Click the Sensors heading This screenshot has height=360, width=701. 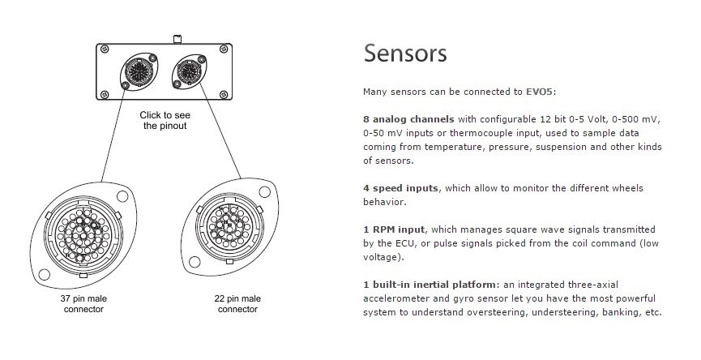(x=405, y=53)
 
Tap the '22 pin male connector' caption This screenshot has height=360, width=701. (x=238, y=304)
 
